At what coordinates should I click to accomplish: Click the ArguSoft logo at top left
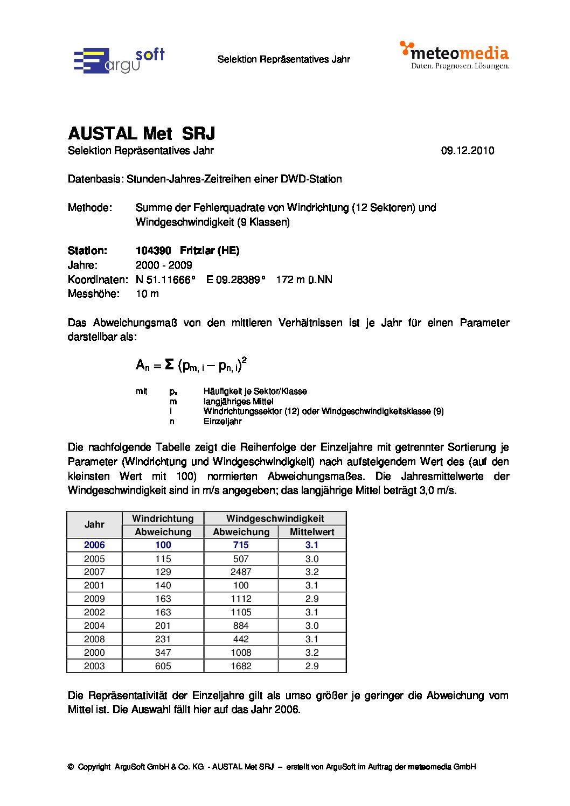point(119,60)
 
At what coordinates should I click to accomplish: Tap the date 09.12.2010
point(467,151)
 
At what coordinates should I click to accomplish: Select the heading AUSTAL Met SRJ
point(141,134)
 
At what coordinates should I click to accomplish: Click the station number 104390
point(153,250)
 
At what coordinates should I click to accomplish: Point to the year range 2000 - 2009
point(164,265)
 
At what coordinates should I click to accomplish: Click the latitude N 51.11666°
point(165,279)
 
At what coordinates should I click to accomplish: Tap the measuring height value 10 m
point(147,293)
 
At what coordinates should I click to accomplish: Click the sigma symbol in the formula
point(169,365)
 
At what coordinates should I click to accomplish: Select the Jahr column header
point(94,524)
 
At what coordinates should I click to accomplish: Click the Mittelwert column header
point(312,532)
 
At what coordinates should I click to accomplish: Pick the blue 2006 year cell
point(94,545)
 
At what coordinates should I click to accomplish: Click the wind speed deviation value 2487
point(241,572)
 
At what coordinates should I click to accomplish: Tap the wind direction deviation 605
point(163,666)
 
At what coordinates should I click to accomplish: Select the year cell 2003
point(94,666)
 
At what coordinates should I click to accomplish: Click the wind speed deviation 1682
point(241,666)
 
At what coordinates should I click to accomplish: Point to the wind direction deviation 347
point(163,653)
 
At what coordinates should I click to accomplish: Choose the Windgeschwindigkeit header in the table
point(275,518)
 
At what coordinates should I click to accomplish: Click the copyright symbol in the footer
point(71,767)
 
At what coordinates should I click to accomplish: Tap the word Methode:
point(90,208)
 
